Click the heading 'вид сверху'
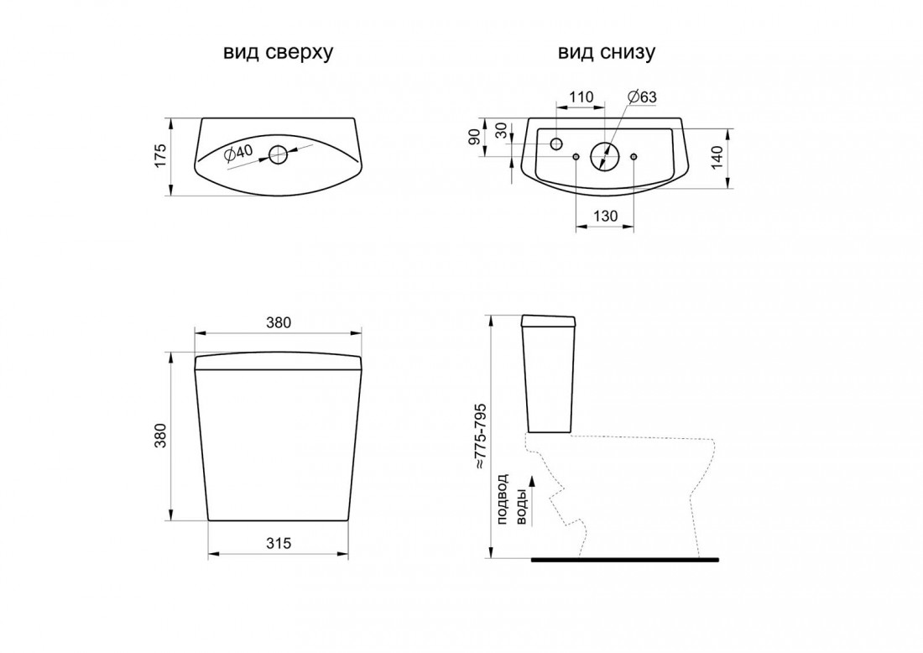click(x=278, y=52)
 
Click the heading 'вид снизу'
click(x=607, y=52)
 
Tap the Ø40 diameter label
click(x=238, y=152)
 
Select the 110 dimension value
click(x=581, y=97)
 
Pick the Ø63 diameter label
click(x=642, y=97)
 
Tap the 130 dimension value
click(x=604, y=216)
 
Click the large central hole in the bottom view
click(x=603, y=155)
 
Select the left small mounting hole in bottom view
click(x=576, y=156)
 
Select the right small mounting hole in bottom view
click(x=633, y=156)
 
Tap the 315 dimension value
click(x=278, y=543)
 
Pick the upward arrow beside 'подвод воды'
click(x=531, y=485)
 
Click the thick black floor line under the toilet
click(x=624, y=558)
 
